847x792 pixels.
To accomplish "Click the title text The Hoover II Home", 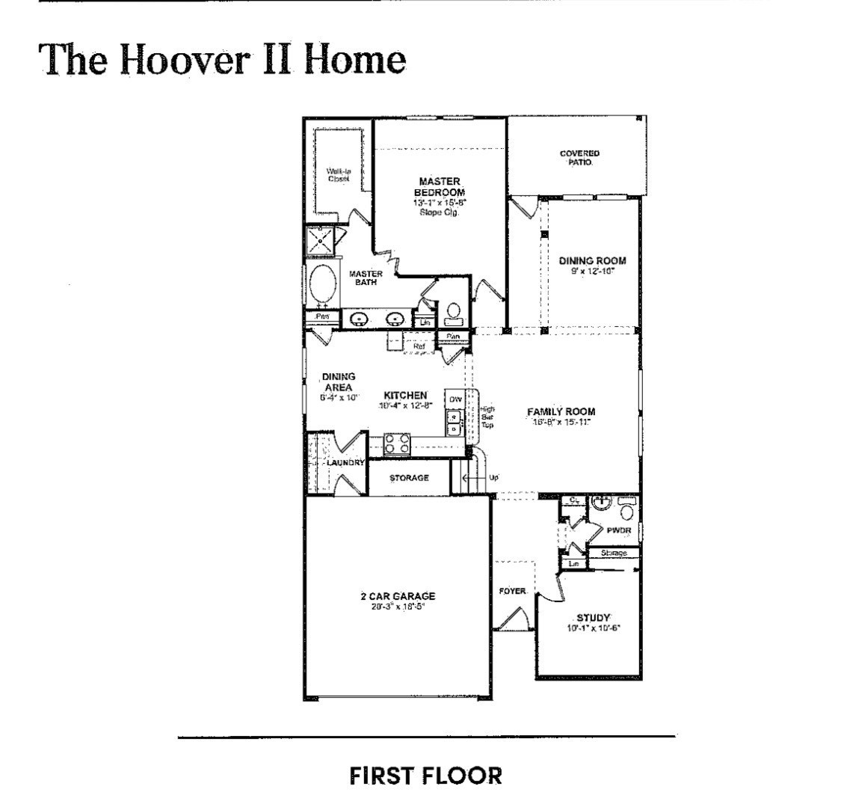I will (x=223, y=58).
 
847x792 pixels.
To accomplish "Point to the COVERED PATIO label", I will (x=579, y=158).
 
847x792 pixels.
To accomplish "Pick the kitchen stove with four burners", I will (x=397, y=443).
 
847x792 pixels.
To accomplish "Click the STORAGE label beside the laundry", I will (x=409, y=478).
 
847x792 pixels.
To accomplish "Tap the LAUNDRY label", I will (x=345, y=463).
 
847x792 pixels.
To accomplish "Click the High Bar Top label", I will (x=487, y=417).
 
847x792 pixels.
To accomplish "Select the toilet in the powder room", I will (x=626, y=512).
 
